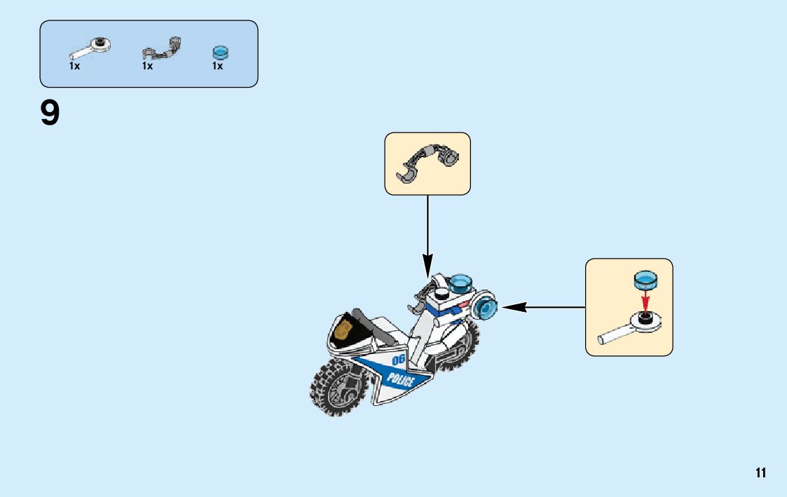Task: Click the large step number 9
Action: (50, 113)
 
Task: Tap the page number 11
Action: (760, 473)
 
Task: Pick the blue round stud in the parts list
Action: (221, 52)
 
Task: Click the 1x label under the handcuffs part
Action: (147, 66)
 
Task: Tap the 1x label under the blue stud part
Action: (218, 66)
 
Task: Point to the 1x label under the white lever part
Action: (75, 66)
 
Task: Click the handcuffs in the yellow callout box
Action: (427, 163)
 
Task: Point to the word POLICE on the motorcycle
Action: (400, 381)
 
